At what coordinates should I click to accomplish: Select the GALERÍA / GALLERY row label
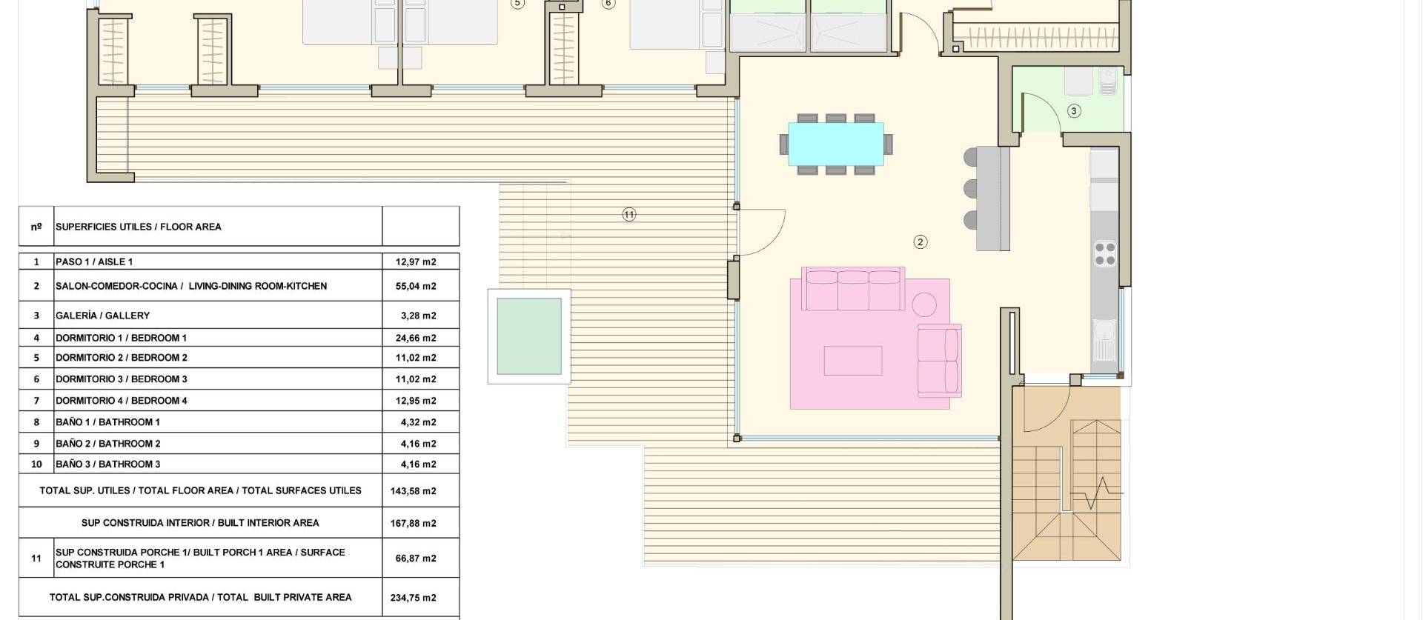click(x=102, y=316)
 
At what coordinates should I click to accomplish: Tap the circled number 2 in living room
click(x=920, y=241)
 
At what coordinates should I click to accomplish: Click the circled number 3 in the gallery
click(x=1074, y=111)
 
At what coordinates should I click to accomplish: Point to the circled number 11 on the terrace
click(x=628, y=215)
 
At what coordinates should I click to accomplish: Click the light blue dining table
click(x=835, y=144)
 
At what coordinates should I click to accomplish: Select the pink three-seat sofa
click(x=855, y=290)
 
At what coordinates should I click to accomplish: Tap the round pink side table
click(x=923, y=304)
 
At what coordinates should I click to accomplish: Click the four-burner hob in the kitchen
click(x=1105, y=254)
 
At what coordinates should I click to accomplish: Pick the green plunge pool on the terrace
click(x=528, y=336)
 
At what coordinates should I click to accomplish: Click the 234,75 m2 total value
click(x=413, y=598)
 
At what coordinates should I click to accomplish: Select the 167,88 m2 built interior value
click(x=413, y=523)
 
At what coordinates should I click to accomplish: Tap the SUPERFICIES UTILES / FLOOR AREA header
click(x=138, y=227)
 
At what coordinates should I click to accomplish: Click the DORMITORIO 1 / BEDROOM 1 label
click(x=121, y=338)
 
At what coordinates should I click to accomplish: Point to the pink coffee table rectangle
click(x=853, y=361)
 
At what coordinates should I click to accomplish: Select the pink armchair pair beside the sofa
click(x=939, y=360)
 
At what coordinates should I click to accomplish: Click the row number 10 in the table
click(x=36, y=464)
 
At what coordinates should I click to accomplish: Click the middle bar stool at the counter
click(x=971, y=188)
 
